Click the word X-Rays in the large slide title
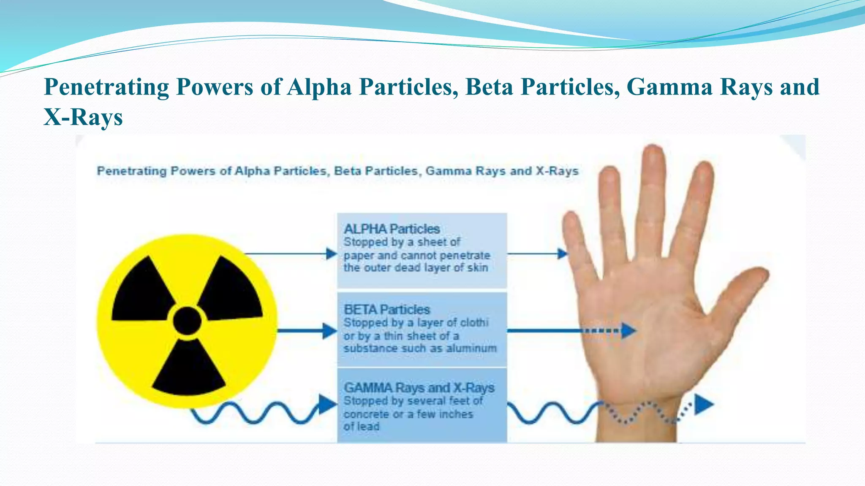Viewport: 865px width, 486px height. click(x=83, y=117)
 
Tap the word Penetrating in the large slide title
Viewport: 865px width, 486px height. click(x=106, y=87)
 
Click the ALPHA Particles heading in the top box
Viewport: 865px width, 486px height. click(x=392, y=229)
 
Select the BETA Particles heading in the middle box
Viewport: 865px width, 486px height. click(x=386, y=310)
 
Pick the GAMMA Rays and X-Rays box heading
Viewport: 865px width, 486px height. click(x=419, y=388)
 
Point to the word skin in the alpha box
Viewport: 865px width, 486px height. click(x=478, y=268)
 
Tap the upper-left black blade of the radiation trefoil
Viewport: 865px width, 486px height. click(x=141, y=291)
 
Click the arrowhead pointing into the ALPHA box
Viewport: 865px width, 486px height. click(x=332, y=254)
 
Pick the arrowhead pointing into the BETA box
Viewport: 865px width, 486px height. click(x=329, y=331)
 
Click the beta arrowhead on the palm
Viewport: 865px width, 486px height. click(x=629, y=331)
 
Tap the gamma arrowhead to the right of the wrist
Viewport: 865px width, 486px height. click(x=703, y=405)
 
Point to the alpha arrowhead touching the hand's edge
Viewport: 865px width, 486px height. click(x=562, y=254)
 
